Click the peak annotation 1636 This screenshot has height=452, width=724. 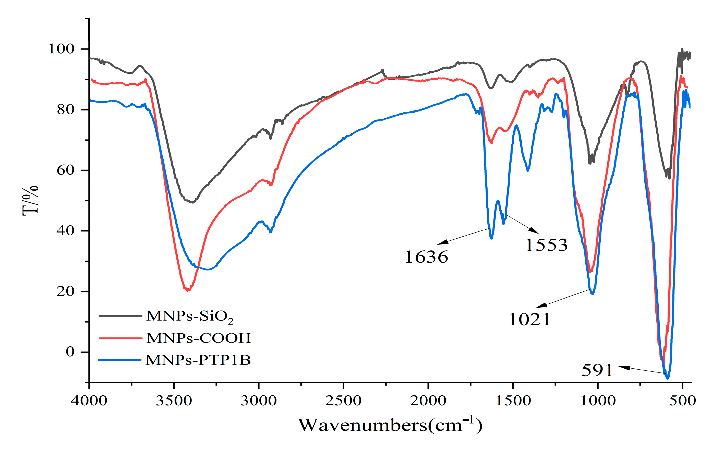tap(426, 257)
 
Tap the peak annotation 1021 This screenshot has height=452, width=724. tap(529, 319)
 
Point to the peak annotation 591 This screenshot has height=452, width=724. tap(597, 370)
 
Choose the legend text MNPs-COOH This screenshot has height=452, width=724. tap(198, 338)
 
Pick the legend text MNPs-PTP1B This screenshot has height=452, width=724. tap(198, 360)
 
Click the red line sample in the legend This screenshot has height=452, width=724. tap(120, 338)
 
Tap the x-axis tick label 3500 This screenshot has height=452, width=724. tap(174, 401)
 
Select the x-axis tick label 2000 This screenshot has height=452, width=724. tap(428, 401)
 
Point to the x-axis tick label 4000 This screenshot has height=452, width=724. tap(89, 401)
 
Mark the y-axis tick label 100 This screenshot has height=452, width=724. tap(61, 49)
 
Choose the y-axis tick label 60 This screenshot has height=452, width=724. tap(65, 170)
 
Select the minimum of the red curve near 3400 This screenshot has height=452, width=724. tap(188, 290)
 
